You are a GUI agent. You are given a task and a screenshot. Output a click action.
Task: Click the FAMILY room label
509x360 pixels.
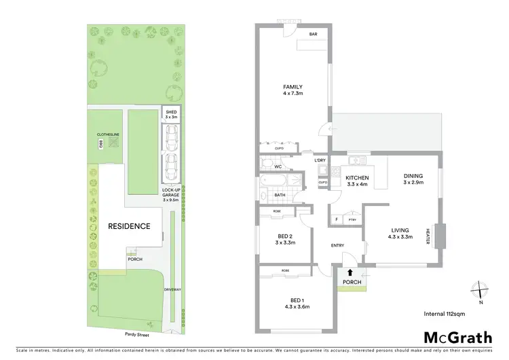(x=293, y=87)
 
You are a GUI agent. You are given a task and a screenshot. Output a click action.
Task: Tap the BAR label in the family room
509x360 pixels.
(x=314, y=34)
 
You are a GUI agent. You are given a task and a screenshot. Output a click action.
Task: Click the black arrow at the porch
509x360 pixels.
(x=350, y=272)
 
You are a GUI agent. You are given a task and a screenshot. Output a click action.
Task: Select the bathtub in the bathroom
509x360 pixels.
(x=273, y=182)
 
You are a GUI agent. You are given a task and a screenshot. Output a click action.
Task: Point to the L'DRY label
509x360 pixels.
(x=320, y=160)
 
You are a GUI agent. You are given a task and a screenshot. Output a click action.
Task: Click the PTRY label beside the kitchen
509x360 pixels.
(x=352, y=220)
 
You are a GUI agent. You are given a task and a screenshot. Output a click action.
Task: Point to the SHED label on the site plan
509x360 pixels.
(x=171, y=113)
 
